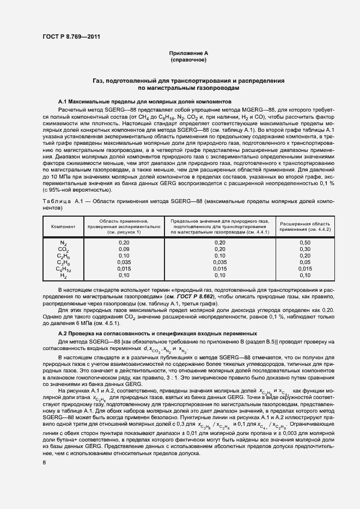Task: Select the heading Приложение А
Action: pos(188,53)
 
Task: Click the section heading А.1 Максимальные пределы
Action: pos(138,102)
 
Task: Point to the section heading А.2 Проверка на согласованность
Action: pos(154,333)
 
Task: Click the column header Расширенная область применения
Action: pos(305,226)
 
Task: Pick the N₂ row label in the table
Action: pos(63,242)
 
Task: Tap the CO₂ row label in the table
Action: pos(63,249)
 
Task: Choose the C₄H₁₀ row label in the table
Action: pos(63,269)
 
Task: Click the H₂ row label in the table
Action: pos(63,276)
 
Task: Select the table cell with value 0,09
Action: pos(124,249)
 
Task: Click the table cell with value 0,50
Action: pos(305,242)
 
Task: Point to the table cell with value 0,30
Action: pos(305,249)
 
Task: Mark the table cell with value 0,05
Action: pos(305,262)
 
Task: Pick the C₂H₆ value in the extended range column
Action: pos(305,255)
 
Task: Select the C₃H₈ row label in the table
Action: pos(63,262)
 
